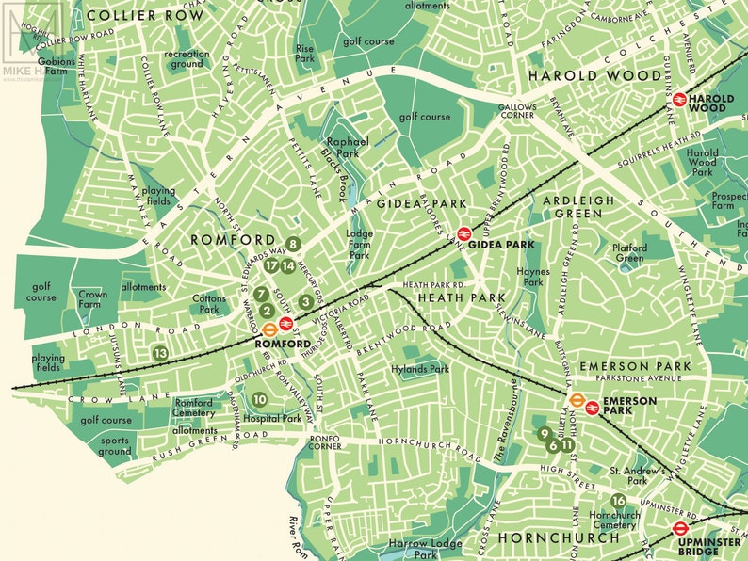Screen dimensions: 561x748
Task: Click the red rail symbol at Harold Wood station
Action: pyautogui.click(x=677, y=98)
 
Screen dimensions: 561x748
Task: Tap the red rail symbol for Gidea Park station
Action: pyautogui.click(x=463, y=234)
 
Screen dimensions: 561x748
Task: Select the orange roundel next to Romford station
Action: pyautogui.click(x=269, y=329)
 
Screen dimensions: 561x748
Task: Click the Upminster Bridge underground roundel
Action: pyautogui.click(x=679, y=529)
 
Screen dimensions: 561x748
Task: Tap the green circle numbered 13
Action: pyautogui.click(x=160, y=353)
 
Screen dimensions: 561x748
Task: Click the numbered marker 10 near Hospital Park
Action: pyautogui.click(x=259, y=399)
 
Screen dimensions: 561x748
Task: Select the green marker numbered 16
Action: pyautogui.click(x=618, y=501)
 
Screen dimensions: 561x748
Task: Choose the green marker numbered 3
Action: pyautogui.click(x=305, y=302)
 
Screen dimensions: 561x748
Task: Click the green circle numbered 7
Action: pyautogui.click(x=261, y=295)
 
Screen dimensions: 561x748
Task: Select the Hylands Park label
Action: pyautogui.click(x=421, y=370)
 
